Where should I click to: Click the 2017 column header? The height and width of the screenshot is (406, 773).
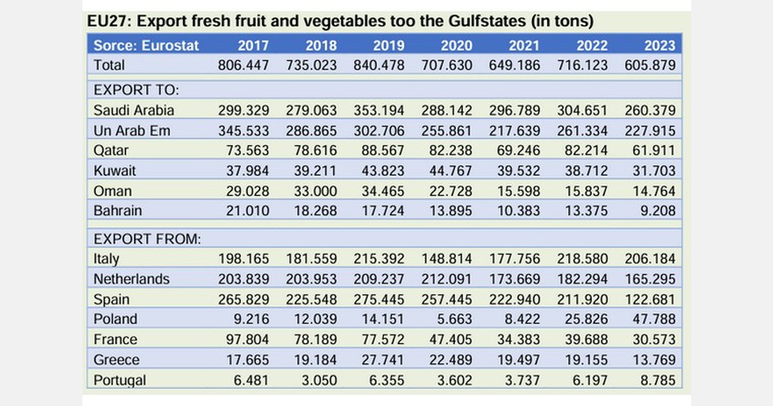(253, 45)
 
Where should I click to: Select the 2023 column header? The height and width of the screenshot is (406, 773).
(659, 45)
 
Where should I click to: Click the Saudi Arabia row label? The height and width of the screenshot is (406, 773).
(133, 110)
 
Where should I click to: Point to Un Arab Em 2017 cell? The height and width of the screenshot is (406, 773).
(243, 131)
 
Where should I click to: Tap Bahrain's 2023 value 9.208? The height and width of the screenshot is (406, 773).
(657, 211)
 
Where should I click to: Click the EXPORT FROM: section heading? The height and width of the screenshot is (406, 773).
(148, 239)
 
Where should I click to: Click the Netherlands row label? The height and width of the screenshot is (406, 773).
(131, 279)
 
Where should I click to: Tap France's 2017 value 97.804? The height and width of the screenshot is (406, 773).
(243, 340)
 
